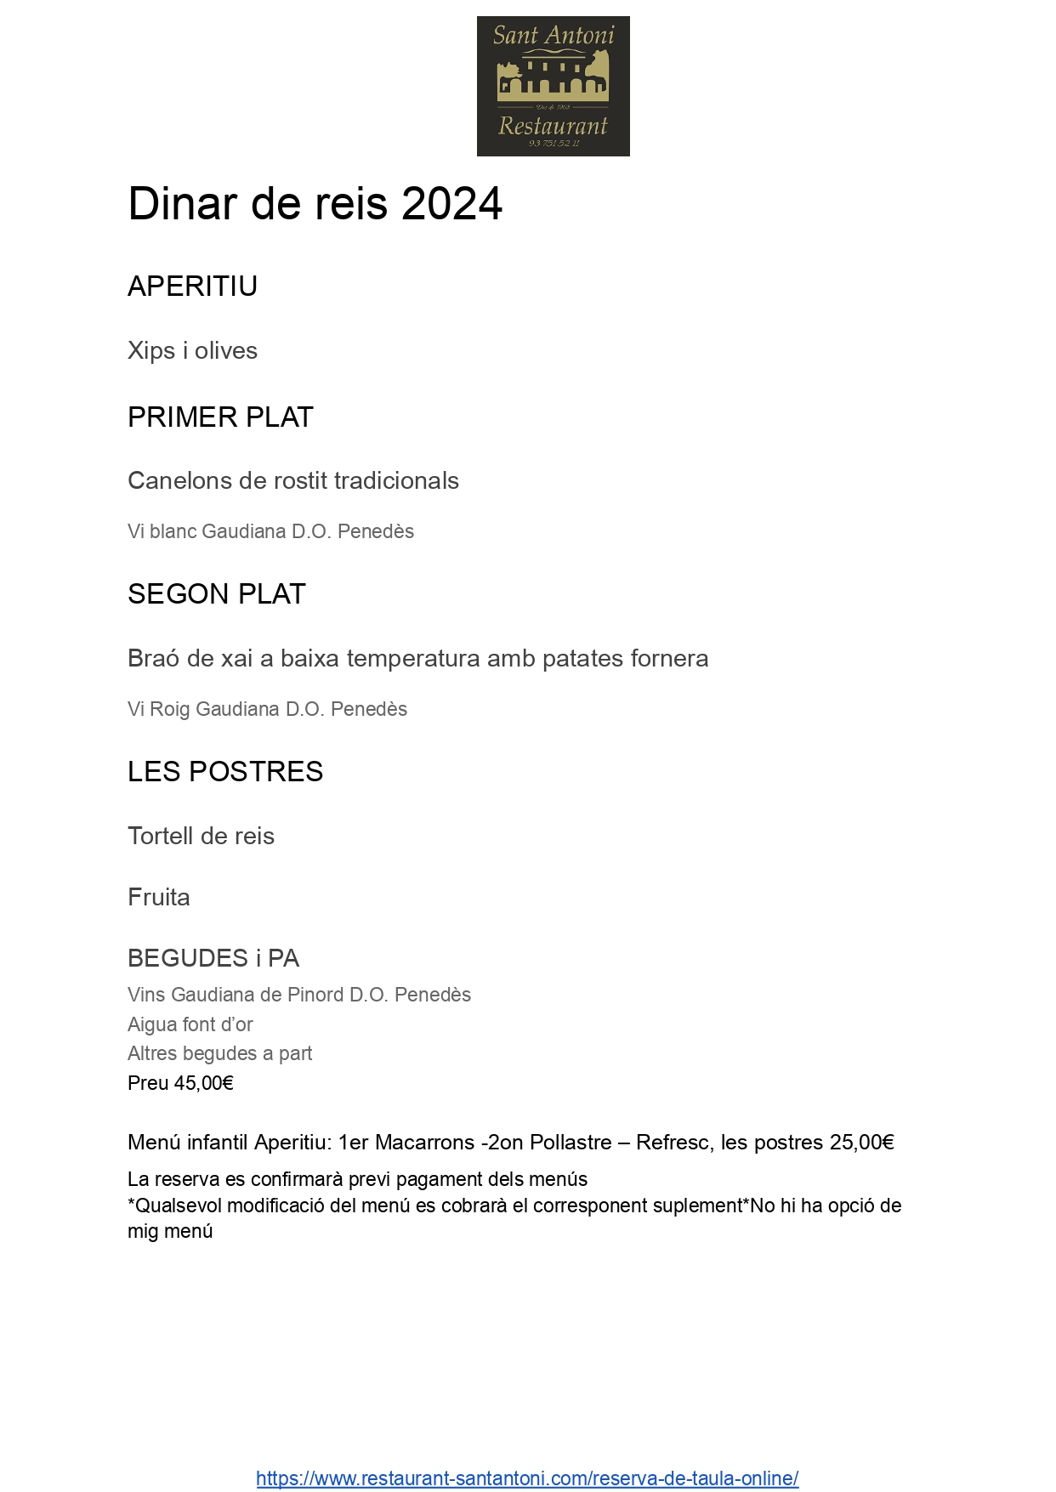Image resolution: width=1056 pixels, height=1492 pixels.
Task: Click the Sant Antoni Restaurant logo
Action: [553, 86]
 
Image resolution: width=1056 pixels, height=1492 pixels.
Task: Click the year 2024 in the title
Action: [451, 204]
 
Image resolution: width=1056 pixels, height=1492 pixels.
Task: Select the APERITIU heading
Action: [192, 286]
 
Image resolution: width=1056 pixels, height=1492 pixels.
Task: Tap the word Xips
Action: [151, 351]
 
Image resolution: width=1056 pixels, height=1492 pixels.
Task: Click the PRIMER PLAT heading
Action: [220, 417]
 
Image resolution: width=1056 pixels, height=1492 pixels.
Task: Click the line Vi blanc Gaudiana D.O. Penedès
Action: [270, 531]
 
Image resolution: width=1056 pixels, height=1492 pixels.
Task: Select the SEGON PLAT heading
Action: [216, 594]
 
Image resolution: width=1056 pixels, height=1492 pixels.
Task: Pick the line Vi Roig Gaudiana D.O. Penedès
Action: [267, 709]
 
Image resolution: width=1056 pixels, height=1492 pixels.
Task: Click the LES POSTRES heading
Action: [225, 772]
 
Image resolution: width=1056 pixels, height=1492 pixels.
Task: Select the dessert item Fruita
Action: [159, 898]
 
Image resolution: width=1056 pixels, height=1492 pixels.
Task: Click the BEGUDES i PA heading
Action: [213, 959]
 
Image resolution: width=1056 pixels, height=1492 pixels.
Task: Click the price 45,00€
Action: [204, 1083]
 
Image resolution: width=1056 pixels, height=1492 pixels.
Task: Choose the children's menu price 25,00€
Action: [862, 1143]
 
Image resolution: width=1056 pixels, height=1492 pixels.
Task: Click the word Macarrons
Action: [425, 1143]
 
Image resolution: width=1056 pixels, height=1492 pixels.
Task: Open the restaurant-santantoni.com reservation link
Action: [527, 1478]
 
